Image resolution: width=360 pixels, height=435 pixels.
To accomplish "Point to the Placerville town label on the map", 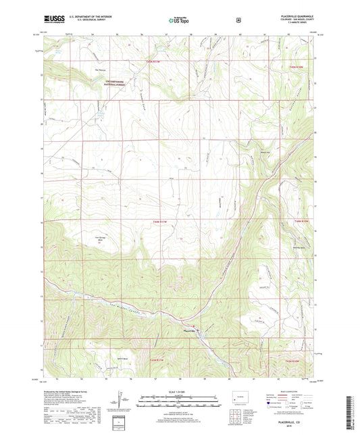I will pos(190,330).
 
